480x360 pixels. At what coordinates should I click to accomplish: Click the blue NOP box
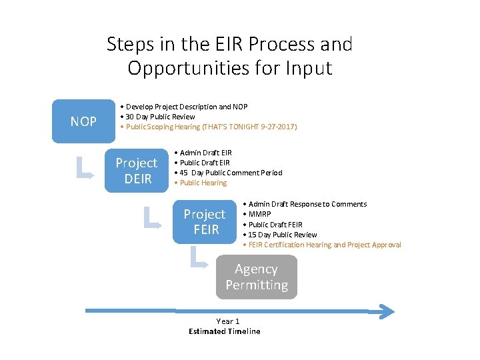[84, 122]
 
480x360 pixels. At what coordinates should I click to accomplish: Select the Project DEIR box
[137, 171]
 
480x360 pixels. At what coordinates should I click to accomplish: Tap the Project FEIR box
[205, 222]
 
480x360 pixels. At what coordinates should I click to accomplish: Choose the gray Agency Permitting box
[257, 277]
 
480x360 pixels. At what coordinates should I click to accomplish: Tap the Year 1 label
[227, 321]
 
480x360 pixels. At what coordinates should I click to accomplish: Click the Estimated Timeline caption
[225, 331]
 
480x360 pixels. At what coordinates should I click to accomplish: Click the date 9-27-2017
[280, 127]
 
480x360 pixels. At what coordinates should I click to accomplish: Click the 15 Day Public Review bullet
[283, 235]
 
